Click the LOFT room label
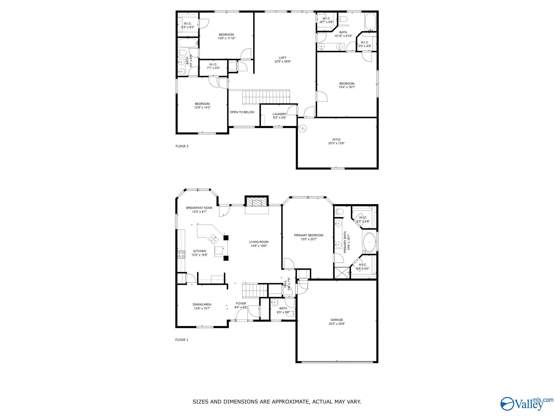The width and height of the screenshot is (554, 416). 283,58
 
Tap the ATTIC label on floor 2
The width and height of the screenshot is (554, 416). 336,139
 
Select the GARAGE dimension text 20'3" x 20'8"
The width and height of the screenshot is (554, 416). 337,324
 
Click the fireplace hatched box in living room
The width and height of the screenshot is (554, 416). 257,202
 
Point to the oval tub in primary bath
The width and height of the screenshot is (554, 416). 369,242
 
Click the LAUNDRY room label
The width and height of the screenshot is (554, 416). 279,114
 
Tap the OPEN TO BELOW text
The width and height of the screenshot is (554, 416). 242,112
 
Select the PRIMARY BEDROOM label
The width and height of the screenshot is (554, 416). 308,235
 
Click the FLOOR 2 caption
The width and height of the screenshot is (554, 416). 182,146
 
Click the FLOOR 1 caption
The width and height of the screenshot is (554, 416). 182,340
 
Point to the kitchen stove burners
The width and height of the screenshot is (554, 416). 181,254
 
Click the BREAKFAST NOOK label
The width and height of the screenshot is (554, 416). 199,208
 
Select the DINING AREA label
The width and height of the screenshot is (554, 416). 202,305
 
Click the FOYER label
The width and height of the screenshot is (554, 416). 241,303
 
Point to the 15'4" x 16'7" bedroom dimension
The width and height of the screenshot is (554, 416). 347,87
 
